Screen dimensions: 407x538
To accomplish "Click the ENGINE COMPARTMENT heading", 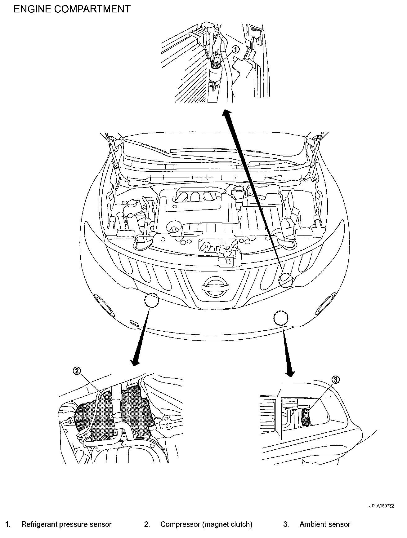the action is pos(72,9).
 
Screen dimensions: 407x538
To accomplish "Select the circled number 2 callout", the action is pos(77,370).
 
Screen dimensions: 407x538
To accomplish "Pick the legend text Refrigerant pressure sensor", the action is pos(66,524).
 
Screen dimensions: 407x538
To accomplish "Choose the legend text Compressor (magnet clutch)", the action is pos(206,524).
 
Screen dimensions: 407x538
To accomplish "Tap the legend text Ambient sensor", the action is pos(325,524).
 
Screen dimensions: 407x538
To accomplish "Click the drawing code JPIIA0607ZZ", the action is pos(381,506).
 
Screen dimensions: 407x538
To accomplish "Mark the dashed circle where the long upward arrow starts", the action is pos(286,280).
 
